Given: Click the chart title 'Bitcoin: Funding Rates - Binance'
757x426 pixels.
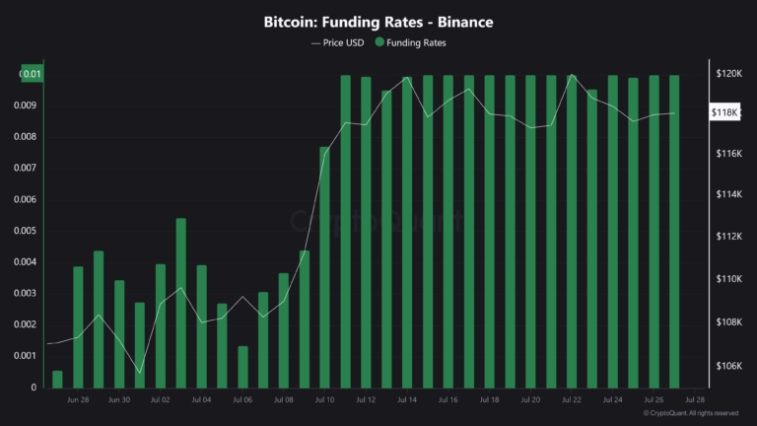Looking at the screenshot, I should point(378,21).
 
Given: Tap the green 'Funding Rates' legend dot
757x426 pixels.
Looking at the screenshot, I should point(380,42).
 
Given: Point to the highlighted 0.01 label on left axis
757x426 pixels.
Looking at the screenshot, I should point(33,74).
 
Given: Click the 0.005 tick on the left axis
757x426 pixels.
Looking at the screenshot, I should point(24,231).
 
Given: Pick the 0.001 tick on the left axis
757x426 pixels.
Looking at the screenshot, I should point(24,356).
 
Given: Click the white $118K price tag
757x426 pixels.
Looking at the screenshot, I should point(725,113).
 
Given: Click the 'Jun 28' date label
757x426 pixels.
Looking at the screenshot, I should point(78,400).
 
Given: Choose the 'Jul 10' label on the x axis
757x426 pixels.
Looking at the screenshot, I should point(324,400).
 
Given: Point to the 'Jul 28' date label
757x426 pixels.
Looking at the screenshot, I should point(694,400).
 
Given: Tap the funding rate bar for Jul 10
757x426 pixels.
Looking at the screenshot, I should point(324,267).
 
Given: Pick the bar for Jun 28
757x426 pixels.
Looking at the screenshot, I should point(78,326).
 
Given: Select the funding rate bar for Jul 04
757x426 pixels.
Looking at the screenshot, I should point(202,325).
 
